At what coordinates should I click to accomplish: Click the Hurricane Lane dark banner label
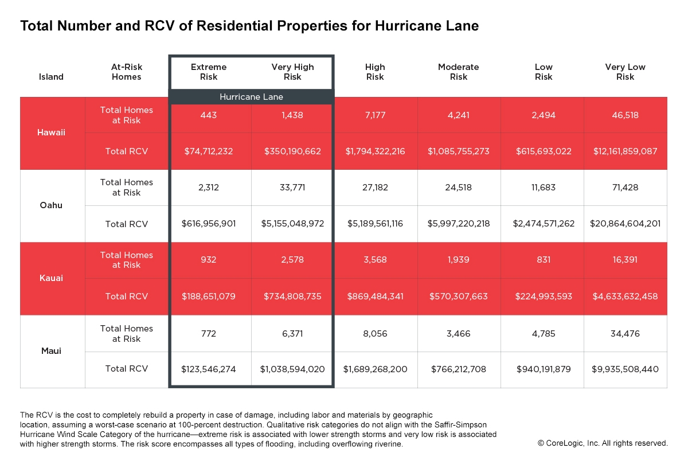[x=251, y=97]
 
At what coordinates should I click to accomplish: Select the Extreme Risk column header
[x=209, y=72]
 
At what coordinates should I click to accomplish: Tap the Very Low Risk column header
[x=625, y=72]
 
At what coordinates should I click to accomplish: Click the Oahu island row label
[x=52, y=205]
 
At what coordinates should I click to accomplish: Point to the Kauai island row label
[x=52, y=278]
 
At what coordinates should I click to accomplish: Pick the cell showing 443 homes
[x=209, y=115]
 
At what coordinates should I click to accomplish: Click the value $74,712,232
[x=209, y=151]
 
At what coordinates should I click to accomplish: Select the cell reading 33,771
[x=292, y=188]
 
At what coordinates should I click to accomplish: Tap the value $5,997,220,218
[x=459, y=224]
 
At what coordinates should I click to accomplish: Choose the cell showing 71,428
[x=625, y=188]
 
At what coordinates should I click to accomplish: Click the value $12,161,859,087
[x=625, y=151]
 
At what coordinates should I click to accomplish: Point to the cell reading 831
[x=543, y=260]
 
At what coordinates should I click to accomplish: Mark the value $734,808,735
[x=292, y=297]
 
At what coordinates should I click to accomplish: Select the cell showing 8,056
[x=375, y=333]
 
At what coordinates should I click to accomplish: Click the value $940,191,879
[x=543, y=369]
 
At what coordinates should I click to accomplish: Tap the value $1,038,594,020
[x=292, y=369]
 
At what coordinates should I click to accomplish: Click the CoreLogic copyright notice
[x=603, y=443]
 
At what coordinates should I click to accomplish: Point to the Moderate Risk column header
[x=459, y=72]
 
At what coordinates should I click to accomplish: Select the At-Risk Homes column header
[x=126, y=72]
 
